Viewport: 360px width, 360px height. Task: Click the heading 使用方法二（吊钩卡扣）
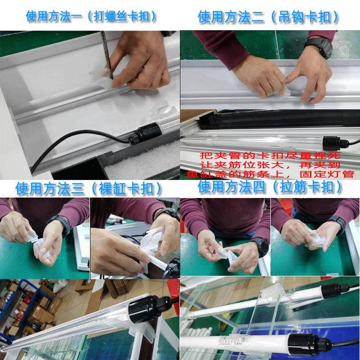269,17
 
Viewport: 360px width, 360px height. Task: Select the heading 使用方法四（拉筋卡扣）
270,186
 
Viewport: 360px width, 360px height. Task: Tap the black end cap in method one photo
139,134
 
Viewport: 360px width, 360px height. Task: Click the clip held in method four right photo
310,236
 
